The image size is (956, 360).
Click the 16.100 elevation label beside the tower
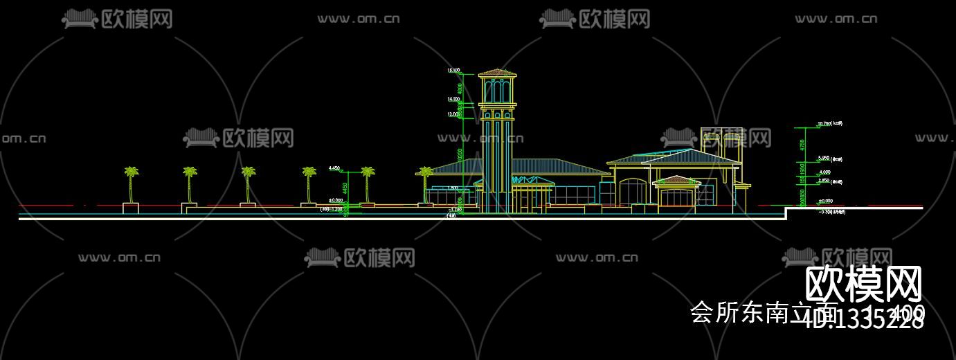click(453, 71)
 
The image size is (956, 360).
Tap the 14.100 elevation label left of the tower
click(453, 100)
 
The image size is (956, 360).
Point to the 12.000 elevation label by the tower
click(453, 114)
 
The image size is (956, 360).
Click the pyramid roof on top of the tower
click(498, 73)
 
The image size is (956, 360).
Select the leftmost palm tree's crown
click(131, 171)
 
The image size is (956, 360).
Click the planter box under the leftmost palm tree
click(131, 207)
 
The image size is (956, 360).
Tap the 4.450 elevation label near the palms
click(334, 168)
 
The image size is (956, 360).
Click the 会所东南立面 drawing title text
click(763, 312)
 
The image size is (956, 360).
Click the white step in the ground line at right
click(786, 213)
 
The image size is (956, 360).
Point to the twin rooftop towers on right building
click(721, 138)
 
